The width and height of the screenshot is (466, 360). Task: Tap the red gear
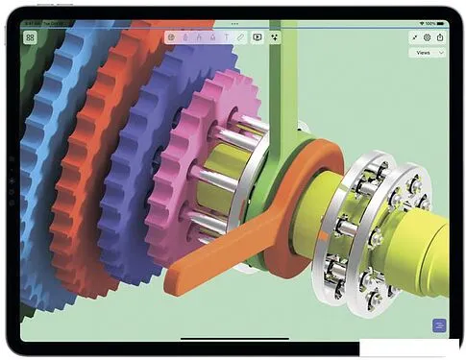click(91, 144)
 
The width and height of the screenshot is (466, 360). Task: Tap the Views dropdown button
click(427, 54)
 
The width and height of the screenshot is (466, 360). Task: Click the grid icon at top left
click(31, 37)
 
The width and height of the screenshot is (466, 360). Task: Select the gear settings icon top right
click(427, 37)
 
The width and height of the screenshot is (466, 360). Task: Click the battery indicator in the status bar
click(441, 21)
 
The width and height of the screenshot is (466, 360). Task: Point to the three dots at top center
click(233, 21)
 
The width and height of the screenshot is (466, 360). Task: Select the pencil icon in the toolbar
click(240, 37)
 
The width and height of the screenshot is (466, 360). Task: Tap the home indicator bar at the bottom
click(233, 338)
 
